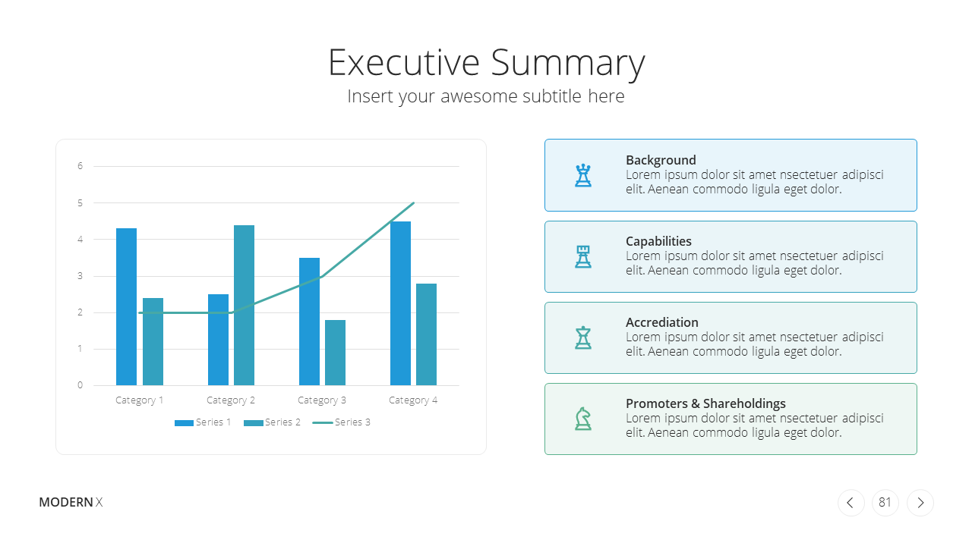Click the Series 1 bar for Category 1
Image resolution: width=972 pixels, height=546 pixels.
click(x=126, y=306)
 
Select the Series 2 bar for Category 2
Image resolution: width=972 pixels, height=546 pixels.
click(x=244, y=305)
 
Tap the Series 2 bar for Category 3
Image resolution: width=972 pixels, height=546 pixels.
click(x=335, y=353)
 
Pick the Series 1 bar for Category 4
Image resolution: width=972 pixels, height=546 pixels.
click(x=400, y=303)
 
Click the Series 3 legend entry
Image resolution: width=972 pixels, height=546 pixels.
click(x=342, y=422)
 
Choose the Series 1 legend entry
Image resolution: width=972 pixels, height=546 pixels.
click(x=203, y=422)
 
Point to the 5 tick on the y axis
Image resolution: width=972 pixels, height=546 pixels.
click(x=80, y=202)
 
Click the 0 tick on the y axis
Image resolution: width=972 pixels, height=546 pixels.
click(x=80, y=384)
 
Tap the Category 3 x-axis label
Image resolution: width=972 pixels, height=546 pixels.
click(x=321, y=400)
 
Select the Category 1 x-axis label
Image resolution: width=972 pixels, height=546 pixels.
click(x=139, y=400)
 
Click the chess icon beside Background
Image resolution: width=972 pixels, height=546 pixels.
click(x=582, y=175)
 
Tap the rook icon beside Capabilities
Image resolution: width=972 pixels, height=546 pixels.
click(x=582, y=256)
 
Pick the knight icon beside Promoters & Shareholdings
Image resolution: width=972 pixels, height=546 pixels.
click(x=582, y=419)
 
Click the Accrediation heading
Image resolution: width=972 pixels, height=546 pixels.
click(x=661, y=322)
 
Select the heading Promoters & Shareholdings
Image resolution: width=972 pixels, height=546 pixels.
click(x=705, y=403)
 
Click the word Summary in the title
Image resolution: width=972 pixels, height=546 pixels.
click(x=568, y=63)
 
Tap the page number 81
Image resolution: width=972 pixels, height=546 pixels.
click(x=885, y=502)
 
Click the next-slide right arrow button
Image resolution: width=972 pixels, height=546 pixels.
click(x=920, y=502)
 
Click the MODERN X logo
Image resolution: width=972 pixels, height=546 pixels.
click(x=71, y=502)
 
